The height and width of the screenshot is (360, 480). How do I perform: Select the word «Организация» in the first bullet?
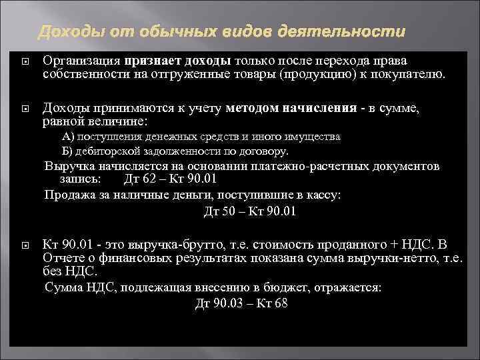pos(79,61)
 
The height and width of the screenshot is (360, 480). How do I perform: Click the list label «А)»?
pos(69,136)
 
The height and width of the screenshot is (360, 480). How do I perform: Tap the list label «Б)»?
pos(69,151)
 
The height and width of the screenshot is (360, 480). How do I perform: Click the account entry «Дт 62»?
pos(139,179)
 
